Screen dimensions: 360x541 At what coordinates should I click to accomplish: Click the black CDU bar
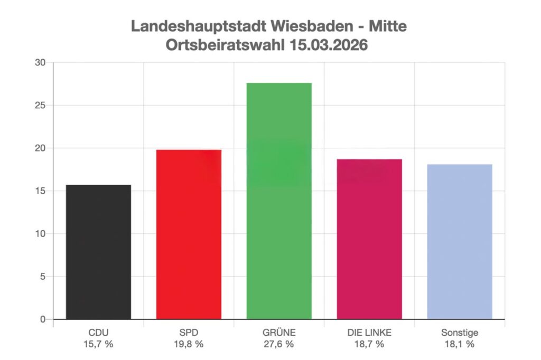[x=98, y=252]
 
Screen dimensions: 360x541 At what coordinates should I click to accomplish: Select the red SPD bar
[x=189, y=234]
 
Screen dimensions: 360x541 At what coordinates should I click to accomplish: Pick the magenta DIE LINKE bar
[x=369, y=239]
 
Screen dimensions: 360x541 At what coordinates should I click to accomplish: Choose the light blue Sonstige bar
[x=460, y=241]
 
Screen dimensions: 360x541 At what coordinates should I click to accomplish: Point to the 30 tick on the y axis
[x=41, y=63]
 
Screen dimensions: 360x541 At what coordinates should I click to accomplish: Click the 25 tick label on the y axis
[x=41, y=106]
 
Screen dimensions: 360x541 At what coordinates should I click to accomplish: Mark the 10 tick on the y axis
[x=41, y=234]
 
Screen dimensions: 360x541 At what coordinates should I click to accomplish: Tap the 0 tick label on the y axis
[x=43, y=319]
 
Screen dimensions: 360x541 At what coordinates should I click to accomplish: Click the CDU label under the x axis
[x=98, y=333]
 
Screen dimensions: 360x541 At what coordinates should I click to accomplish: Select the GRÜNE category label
[x=279, y=333]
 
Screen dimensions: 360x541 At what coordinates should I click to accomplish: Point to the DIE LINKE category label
[x=369, y=333]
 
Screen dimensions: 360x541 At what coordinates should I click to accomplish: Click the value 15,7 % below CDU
[x=98, y=344]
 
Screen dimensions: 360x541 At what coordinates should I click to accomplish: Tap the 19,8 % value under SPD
[x=189, y=344]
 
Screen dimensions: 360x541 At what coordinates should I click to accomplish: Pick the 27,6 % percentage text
[x=279, y=344]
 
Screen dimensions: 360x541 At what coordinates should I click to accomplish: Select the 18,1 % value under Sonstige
[x=460, y=344]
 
